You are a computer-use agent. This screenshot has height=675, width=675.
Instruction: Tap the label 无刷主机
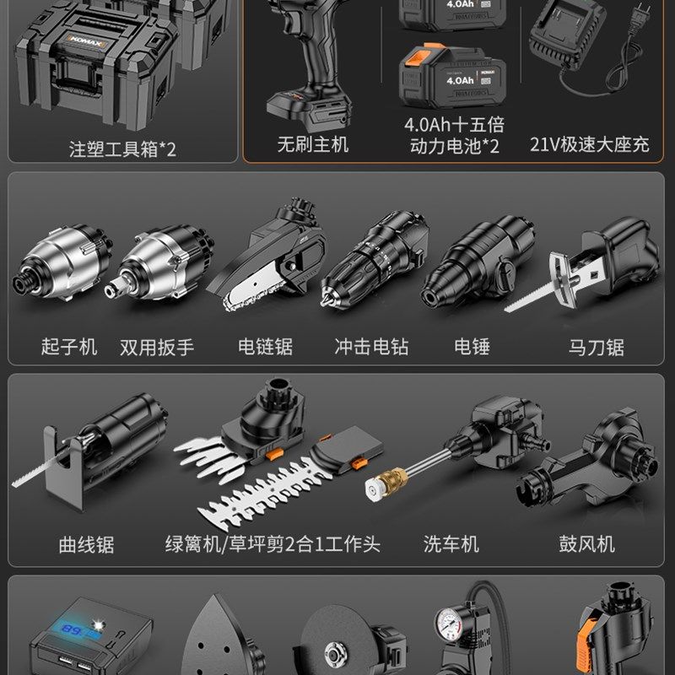click(x=312, y=144)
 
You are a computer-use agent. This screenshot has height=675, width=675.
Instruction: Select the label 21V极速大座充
click(x=590, y=144)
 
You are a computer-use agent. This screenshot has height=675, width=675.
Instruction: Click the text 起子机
click(x=69, y=346)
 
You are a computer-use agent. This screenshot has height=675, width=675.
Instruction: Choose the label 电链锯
click(x=266, y=346)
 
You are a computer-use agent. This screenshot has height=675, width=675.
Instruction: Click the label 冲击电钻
click(x=371, y=346)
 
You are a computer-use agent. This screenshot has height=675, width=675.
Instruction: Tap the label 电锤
click(x=472, y=346)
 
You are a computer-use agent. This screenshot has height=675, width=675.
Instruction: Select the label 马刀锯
click(x=596, y=346)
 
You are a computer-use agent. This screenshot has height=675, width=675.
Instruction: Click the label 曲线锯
click(x=86, y=544)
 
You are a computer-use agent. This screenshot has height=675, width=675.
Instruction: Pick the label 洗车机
click(x=451, y=544)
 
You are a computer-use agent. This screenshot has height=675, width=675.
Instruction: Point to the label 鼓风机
click(x=586, y=544)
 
